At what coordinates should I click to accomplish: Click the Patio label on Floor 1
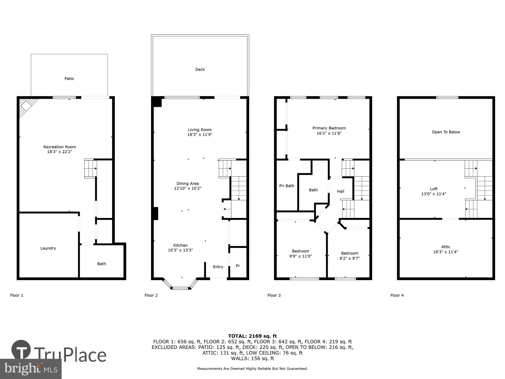pyautogui.click(x=69, y=79)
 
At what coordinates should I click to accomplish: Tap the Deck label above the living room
pyautogui.click(x=200, y=69)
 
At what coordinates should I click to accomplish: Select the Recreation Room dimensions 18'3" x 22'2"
pyautogui.click(x=60, y=152)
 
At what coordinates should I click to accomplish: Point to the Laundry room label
pyautogui.click(x=48, y=248)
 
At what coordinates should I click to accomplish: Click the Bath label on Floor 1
pyautogui.click(x=102, y=264)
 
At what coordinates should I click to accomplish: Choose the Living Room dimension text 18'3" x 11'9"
pyautogui.click(x=200, y=135)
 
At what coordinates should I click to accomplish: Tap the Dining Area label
pyautogui.click(x=188, y=184)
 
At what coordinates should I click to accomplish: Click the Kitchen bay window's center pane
pyautogui.click(x=180, y=288)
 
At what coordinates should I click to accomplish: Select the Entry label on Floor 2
pyautogui.click(x=218, y=267)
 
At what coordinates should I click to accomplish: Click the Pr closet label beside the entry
pyautogui.click(x=238, y=266)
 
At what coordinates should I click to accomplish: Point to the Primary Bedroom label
pyautogui.click(x=329, y=128)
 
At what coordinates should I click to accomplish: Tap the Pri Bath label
pyautogui.click(x=287, y=186)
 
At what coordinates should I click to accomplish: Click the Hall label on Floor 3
pyautogui.click(x=340, y=192)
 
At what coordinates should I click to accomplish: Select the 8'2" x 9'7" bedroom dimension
pyautogui.click(x=349, y=258)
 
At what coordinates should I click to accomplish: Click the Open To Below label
pyautogui.click(x=446, y=132)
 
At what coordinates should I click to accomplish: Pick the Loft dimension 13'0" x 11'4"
pyautogui.click(x=434, y=194)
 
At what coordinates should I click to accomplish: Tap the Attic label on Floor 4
pyautogui.click(x=446, y=247)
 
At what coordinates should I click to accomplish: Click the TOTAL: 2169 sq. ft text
pyautogui.click(x=252, y=336)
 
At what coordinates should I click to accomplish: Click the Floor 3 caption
pyautogui.click(x=274, y=295)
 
